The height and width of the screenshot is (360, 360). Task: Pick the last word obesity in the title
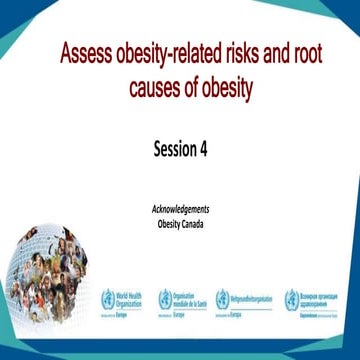(236, 88)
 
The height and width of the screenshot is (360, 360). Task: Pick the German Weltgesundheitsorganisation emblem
(225, 298)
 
